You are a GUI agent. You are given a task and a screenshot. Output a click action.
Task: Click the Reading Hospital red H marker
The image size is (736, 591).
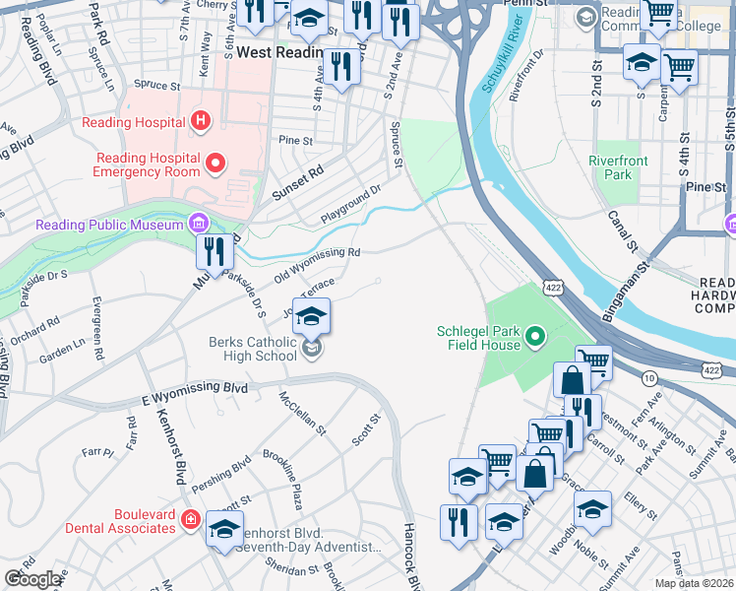(201, 122)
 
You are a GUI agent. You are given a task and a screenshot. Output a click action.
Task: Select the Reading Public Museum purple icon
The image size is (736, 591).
(202, 224)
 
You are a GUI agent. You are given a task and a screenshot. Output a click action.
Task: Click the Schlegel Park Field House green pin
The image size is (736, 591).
(535, 339)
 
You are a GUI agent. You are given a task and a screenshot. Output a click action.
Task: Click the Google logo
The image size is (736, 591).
(33, 579)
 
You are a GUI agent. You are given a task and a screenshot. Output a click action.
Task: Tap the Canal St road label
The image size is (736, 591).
(623, 232)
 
